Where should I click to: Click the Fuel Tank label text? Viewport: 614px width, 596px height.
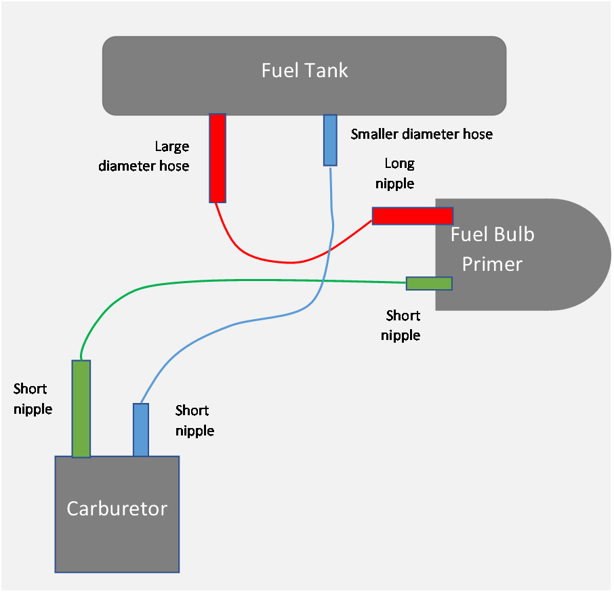pyautogui.click(x=304, y=70)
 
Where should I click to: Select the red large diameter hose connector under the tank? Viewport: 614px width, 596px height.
pyautogui.click(x=218, y=158)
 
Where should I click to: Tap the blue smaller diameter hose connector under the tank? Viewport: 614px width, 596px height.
pyautogui.click(x=330, y=140)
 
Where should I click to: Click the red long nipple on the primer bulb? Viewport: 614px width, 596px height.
pyautogui.click(x=413, y=216)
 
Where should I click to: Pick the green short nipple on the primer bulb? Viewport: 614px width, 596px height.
pyautogui.click(x=429, y=283)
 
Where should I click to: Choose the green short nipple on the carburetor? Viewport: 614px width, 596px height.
pyautogui.click(x=81, y=408)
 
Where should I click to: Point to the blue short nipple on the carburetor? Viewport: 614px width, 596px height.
pyautogui.click(x=141, y=429)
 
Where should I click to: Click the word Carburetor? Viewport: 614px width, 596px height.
pyautogui.click(x=117, y=509)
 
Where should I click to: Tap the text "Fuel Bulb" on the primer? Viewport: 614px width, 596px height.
pyautogui.click(x=492, y=234)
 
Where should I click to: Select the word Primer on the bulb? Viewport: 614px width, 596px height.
pyautogui.click(x=492, y=263)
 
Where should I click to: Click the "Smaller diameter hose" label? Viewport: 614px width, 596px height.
pyautogui.click(x=422, y=134)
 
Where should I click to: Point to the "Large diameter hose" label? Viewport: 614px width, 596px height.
pyautogui.click(x=144, y=156)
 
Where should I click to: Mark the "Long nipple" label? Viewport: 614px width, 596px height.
pyautogui.click(x=394, y=173)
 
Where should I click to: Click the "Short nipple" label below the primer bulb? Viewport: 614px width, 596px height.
pyautogui.click(x=401, y=325)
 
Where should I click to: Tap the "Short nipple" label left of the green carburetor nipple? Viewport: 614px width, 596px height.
pyautogui.click(x=33, y=399)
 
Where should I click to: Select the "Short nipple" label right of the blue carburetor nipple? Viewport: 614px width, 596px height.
pyautogui.click(x=195, y=421)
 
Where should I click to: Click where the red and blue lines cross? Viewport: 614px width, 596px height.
pyautogui.click(x=330, y=249)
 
